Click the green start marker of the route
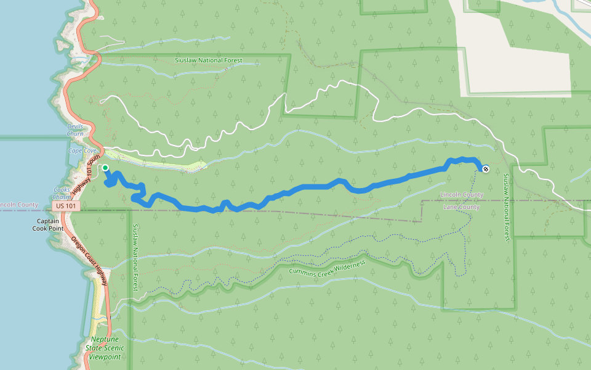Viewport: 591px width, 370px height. [105, 168]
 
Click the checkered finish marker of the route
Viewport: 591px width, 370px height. [486, 168]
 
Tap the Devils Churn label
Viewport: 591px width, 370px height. [75, 130]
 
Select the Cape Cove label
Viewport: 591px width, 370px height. [82, 150]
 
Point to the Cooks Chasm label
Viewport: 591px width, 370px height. [62, 193]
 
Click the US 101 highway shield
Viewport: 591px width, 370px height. [65, 205]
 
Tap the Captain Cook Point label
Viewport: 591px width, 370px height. [48, 224]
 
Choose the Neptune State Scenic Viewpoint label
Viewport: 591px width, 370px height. [105, 348]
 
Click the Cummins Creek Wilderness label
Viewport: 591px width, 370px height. [327, 267]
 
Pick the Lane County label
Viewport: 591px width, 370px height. [461, 207]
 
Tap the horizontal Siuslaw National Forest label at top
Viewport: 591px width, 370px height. [209, 60]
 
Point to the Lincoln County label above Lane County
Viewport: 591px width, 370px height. [462, 195]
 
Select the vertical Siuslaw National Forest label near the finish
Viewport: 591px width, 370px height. [506, 207]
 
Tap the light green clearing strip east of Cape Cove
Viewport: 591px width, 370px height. [179, 165]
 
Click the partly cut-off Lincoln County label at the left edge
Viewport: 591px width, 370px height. [18, 205]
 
